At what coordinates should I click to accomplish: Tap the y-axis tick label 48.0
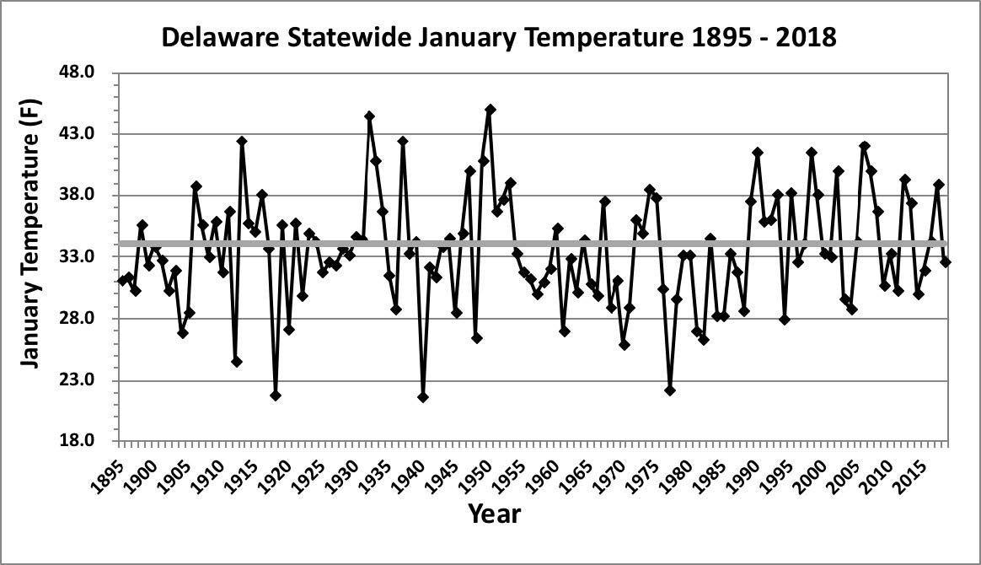pos(88,73)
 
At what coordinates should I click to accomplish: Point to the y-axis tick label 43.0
pos(88,134)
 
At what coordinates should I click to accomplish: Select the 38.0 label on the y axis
pos(88,196)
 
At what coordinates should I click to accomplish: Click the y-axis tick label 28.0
pos(88,319)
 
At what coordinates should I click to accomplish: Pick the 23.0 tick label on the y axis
pos(88,380)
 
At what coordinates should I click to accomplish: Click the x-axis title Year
pos(494,514)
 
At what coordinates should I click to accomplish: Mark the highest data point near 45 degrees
pos(490,110)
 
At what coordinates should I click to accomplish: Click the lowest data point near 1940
pos(423,397)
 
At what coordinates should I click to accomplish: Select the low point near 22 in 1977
pos(670,390)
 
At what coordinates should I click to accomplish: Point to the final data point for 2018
pos(946,262)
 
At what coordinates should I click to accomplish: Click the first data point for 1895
pos(123,281)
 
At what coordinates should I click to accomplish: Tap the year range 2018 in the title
pos(796,38)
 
